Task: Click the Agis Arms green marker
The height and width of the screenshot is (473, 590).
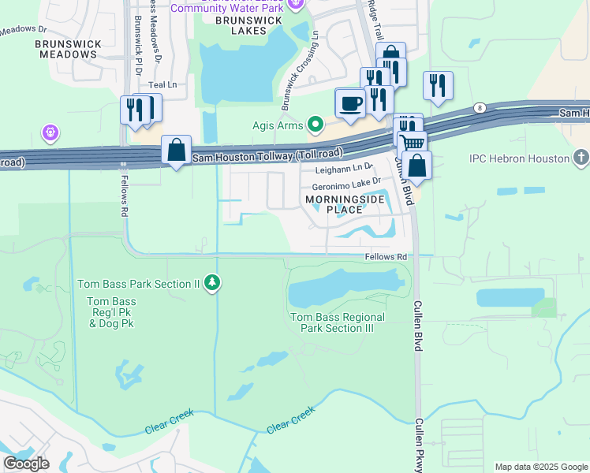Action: (316, 124)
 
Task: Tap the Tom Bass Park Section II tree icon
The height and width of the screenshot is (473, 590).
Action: (211, 282)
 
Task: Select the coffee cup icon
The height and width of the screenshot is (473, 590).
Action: (349, 102)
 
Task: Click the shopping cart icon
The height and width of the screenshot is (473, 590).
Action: (412, 143)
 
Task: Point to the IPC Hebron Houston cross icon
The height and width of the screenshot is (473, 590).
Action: (581, 158)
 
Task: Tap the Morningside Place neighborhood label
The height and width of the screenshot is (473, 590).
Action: (344, 205)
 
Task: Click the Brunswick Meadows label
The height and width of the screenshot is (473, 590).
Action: (66, 49)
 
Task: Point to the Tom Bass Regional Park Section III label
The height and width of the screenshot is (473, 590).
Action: (338, 322)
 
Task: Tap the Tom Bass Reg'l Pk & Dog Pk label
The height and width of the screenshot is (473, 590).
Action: (111, 312)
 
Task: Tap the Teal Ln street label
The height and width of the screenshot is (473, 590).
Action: (162, 84)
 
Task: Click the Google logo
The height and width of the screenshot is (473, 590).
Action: (26, 464)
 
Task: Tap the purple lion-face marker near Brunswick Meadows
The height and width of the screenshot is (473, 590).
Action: (50, 132)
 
